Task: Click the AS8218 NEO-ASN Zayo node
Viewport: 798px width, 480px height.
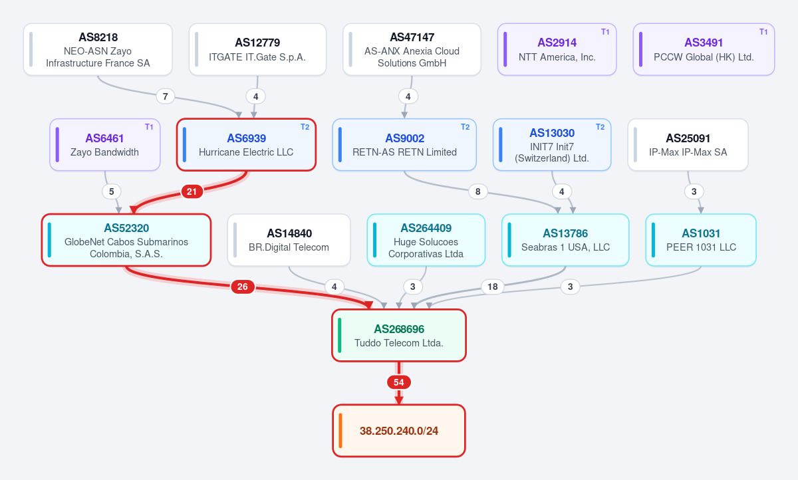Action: [98, 49]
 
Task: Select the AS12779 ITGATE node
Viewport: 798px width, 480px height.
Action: [257, 49]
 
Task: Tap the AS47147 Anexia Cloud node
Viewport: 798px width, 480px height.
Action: [412, 49]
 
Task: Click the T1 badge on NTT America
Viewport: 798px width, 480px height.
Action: [605, 32]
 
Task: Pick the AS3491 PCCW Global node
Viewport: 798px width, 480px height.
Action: [704, 49]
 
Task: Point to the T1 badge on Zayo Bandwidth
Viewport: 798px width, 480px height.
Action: [149, 127]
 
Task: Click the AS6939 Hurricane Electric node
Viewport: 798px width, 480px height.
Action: [246, 144]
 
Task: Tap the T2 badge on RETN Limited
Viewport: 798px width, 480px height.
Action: [465, 127]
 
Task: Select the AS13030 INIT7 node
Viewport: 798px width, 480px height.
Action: [552, 144]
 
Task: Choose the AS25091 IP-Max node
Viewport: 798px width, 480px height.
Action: [688, 144]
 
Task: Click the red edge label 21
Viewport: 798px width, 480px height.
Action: [192, 191]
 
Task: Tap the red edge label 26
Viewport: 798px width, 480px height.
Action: [243, 287]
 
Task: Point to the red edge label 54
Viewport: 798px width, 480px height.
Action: [398, 382]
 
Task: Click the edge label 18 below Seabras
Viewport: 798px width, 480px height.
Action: [492, 287]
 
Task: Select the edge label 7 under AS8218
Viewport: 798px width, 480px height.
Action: [166, 96]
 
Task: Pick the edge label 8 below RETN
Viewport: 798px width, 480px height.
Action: [477, 191]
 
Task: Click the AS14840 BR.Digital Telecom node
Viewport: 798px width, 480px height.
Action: [289, 240]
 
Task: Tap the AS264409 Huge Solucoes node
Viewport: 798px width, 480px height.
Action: [426, 240]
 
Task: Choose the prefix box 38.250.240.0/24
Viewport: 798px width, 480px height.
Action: [398, 431]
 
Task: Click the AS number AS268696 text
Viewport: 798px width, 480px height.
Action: [398, 329]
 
